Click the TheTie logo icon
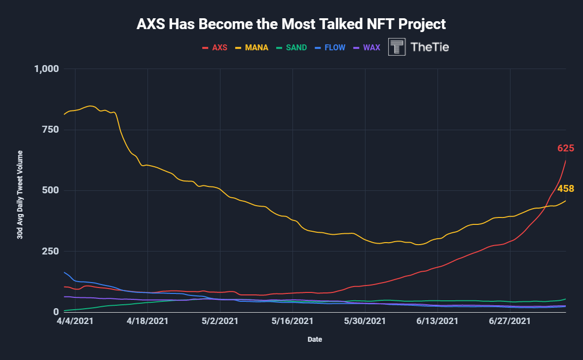click(x=397, y=47)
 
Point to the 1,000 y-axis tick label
click(x=45, y=69)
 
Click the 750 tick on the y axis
click(x=49, y=130)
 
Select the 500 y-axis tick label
click(x=49, y=190)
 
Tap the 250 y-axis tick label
click(x=49, y=252)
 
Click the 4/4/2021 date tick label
click(x=75, y=321)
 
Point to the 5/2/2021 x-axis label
click(x=220, y=321)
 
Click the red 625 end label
click(x=566, y=148)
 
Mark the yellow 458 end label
click(x=566, y=189)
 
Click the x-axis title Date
click(x=315, y=339)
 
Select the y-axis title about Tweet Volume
click(x=20, y=195)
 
